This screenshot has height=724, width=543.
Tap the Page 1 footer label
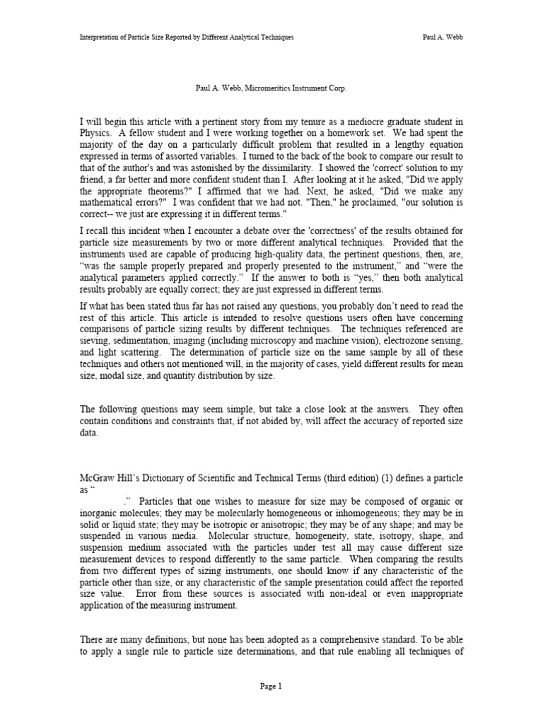[271, 686]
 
